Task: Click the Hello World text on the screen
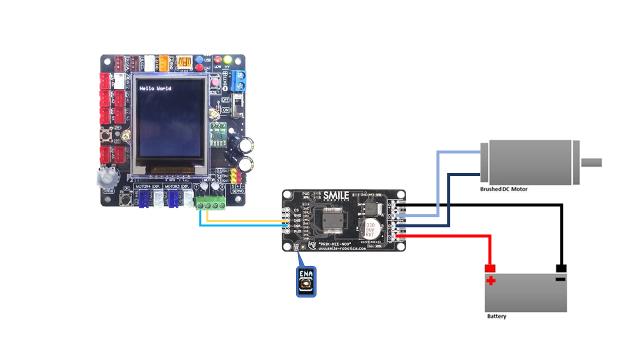155,88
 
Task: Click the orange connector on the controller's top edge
163,63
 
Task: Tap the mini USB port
184,63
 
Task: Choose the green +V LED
228,59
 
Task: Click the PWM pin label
297,231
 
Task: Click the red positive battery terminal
490,268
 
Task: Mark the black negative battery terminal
560,268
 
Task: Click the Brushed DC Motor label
503,189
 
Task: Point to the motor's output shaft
591,162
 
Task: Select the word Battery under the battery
496,316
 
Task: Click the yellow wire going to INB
245,220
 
